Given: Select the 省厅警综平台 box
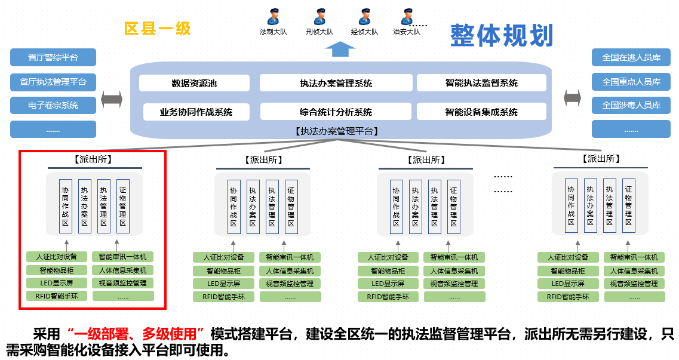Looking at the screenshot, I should [x=53, y=58].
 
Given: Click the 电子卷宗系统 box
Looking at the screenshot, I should [x=53, y=106].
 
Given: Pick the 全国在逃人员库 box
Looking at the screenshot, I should [x=631, y=58].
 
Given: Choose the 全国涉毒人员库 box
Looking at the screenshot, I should [x=631, y=105].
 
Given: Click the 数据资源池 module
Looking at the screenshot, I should [x=194, y=84].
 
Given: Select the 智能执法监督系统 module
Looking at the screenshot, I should [x=481, y=83].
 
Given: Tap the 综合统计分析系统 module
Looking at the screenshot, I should [x=336, y=112].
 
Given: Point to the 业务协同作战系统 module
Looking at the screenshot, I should [x=196, y=112].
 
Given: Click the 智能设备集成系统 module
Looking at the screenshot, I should [x=481, y=112].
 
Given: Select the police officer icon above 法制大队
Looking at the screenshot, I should [x=273, y=16].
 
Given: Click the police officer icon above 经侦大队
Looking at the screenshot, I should [x=364, y=16].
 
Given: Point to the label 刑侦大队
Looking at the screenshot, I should [x=319, y=32].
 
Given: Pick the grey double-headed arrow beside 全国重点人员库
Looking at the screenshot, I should [x=572, y=97].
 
